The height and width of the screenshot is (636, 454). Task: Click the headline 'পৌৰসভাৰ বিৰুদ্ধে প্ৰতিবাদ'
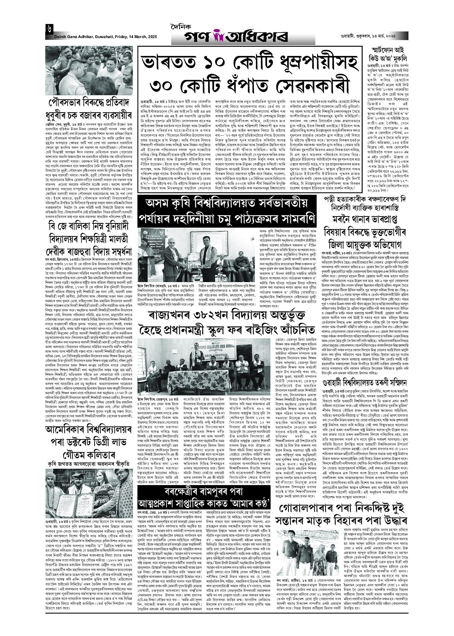point(89,103)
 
